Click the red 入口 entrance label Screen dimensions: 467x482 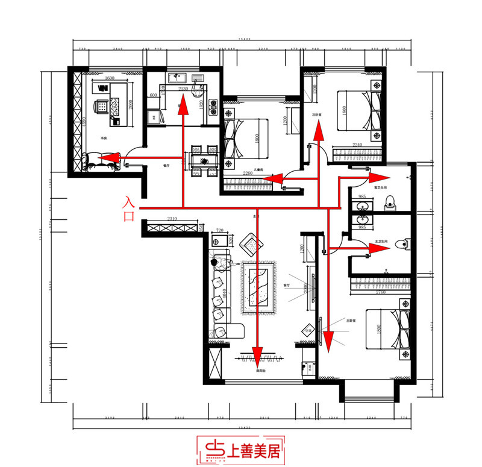point(128,208)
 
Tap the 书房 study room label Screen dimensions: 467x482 point(104,139)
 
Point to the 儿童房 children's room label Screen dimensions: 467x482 point(257,170)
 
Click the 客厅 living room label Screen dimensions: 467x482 point(287,285)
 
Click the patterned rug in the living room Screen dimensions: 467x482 point(258,287)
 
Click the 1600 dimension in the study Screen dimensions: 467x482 point(109,78)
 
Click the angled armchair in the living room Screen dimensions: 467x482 point(251,244)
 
